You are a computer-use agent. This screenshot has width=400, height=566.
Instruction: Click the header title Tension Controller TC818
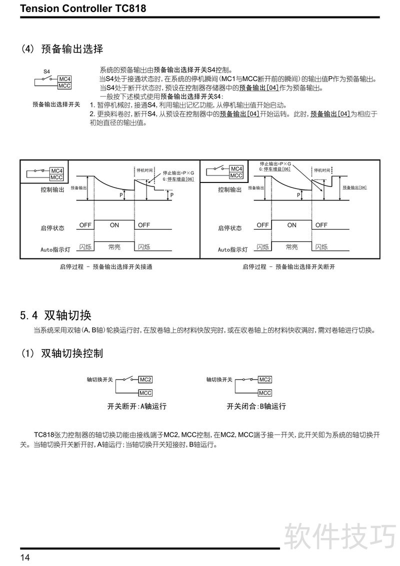(83, 8)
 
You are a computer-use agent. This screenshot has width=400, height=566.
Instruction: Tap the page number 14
(25, 557)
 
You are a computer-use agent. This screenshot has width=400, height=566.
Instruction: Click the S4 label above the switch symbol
(47, 72)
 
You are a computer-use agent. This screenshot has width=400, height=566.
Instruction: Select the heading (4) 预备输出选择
(62, 49)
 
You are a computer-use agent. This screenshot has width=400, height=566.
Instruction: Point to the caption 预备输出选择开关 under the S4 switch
(56, 104)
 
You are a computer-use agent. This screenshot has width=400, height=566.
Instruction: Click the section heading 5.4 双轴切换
(56, 315)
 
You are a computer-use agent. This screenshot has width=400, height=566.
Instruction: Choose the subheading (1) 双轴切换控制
(62, 353)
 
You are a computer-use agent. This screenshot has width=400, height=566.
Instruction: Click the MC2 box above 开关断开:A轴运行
(145, 379)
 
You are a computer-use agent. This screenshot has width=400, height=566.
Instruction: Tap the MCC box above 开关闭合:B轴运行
(265, 393)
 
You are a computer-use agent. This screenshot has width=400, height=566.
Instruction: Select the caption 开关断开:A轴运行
(137, 406)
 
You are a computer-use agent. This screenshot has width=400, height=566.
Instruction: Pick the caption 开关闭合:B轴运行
(256, 406)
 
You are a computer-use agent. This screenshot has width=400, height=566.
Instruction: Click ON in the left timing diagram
(114, 225)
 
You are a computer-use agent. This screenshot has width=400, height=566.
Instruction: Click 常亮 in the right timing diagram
(291, 247)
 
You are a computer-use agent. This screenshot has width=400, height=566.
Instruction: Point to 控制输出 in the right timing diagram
(230, 190)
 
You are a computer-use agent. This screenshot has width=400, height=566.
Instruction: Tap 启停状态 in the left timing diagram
(52, 228)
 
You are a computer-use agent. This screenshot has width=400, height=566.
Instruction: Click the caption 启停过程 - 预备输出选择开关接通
(106, 267)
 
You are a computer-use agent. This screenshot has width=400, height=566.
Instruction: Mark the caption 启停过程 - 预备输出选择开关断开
(288, 267)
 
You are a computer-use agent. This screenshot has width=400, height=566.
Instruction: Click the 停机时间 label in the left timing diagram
(145, 170)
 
